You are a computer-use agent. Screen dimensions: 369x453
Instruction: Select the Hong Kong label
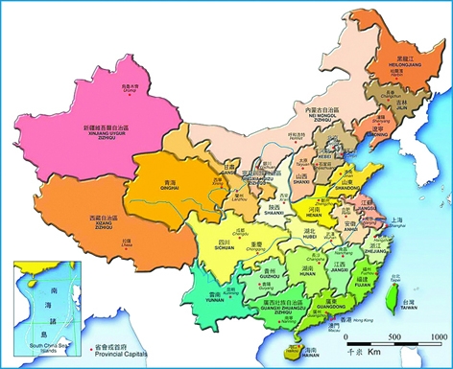click(336, 318)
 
